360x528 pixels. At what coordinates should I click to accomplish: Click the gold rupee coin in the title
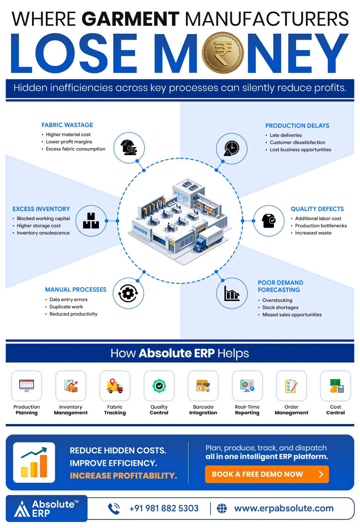click(x=222, y=52)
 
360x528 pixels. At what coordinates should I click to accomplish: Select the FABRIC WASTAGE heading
click(x=67, y=125)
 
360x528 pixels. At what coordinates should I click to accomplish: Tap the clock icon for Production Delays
click(x=232, y=148)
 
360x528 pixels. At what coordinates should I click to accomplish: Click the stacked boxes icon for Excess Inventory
click(x=91, y=221)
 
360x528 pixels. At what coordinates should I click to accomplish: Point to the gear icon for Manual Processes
click(x=128, y=293)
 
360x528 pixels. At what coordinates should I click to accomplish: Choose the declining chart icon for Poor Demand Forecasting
click(x=232, y=293)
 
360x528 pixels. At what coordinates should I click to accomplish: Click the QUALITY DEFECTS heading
click(x=317, y=209)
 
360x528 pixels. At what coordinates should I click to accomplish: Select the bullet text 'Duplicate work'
click(x=66, y=307)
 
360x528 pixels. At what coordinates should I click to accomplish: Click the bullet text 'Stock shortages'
click(x=280, y=307)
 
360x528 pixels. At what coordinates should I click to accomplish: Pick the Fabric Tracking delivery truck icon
click(x=115, y=386)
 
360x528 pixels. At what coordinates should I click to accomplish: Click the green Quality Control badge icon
click(x=159, y=386)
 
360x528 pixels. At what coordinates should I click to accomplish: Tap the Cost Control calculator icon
click(x=337, y=386)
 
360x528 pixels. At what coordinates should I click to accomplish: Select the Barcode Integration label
click(x=203, y=410)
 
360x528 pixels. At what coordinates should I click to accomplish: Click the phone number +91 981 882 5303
click(x=164, y=509)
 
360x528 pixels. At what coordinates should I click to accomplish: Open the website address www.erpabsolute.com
click(x=284, y=509)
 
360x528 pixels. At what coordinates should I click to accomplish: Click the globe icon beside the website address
click(x=222, y=509)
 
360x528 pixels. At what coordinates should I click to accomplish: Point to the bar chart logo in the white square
click(x=34, y=462)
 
